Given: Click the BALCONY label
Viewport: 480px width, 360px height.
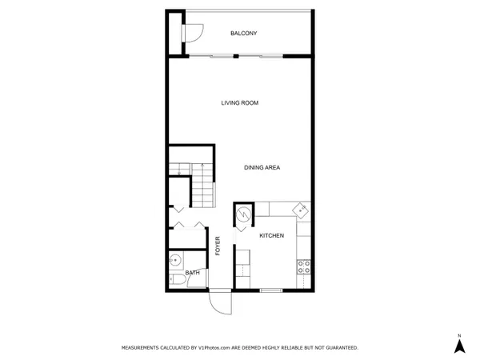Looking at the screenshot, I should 243,33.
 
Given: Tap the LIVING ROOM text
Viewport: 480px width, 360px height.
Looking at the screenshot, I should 240,102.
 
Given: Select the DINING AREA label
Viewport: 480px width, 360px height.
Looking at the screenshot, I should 262,167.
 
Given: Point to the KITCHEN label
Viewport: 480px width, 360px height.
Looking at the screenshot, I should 272,236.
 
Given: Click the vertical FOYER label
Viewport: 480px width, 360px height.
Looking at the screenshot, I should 218,246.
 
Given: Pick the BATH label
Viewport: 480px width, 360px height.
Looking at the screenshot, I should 192,273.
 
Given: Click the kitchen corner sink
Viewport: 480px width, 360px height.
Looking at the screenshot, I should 300,210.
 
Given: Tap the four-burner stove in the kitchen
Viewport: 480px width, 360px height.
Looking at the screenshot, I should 303,266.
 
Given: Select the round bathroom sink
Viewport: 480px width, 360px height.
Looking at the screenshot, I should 175,259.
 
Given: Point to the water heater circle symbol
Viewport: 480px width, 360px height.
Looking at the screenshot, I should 242,214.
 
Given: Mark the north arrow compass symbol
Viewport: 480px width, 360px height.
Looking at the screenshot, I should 459,346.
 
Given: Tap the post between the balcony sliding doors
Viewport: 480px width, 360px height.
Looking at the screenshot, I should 237,55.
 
